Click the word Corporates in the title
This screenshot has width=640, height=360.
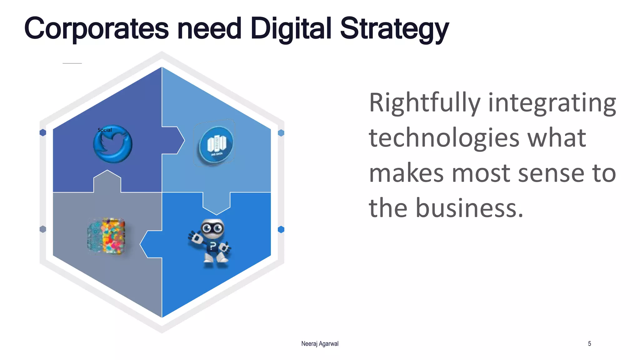click(96, 29)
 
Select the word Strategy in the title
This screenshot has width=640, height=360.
click(394, 29)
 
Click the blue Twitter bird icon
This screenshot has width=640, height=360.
click(113, 144)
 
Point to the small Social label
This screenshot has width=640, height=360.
click(105, 130)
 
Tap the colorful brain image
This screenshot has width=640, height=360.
click(107, 236)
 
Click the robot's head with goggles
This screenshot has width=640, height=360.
click(212, 227)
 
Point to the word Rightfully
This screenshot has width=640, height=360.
click(425, 103)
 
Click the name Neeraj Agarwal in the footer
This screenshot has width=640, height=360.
click(320, 344)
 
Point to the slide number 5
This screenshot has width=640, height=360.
click(589, 344)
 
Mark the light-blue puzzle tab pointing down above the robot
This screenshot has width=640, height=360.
click(217, 203)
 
